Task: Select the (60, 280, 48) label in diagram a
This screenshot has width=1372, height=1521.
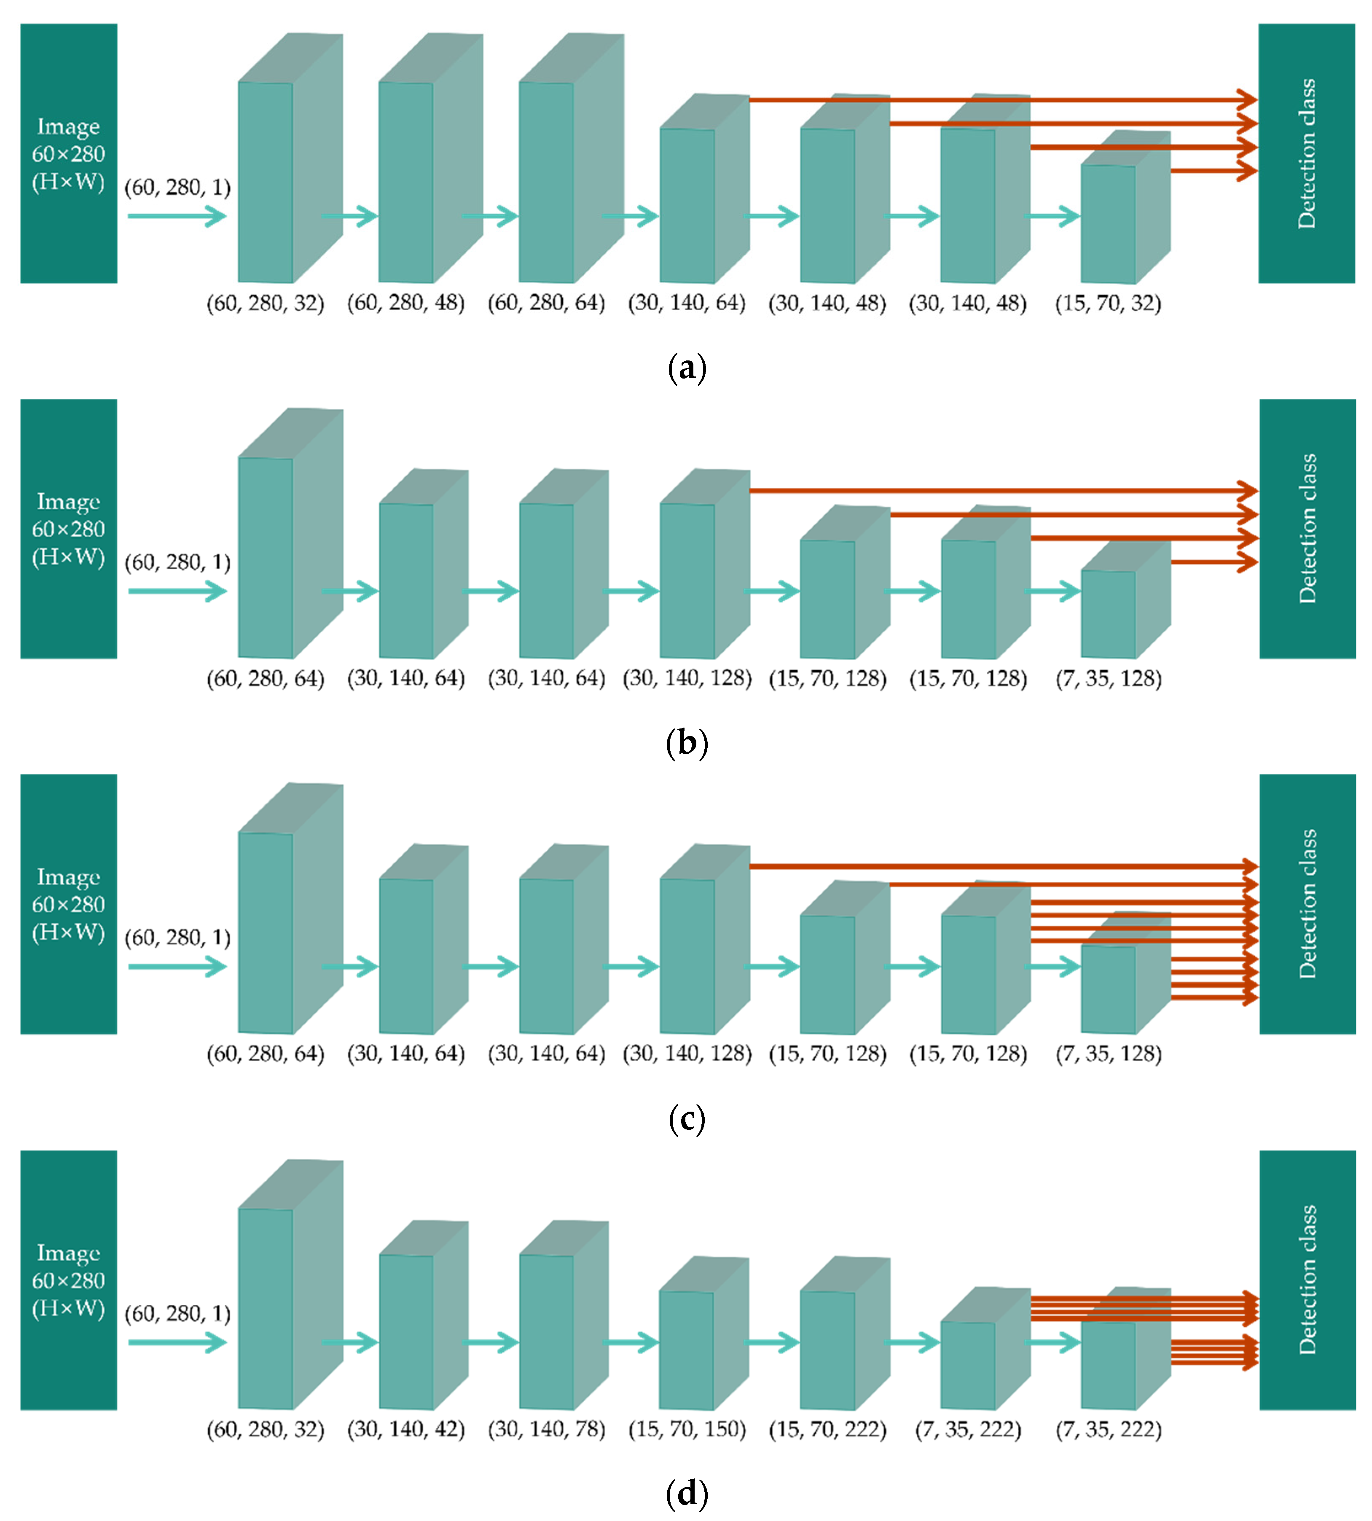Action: [405, 304]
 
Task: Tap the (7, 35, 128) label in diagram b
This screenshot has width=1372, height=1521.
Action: [1108, 679]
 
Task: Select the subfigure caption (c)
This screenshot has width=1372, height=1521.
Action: [687, 1119]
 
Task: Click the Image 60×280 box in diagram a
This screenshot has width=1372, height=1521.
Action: [69, 154]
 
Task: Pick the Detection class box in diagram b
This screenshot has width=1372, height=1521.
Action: [1307, 529]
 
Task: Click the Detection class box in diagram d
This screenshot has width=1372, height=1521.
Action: [1307, 1280]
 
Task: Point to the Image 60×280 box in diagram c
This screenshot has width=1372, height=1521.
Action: [69, 904]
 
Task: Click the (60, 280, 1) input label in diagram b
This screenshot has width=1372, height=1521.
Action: [177, 562]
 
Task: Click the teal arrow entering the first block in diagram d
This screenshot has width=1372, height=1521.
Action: [177, 1342]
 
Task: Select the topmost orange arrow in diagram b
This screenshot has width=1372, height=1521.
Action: [1003, 491]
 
